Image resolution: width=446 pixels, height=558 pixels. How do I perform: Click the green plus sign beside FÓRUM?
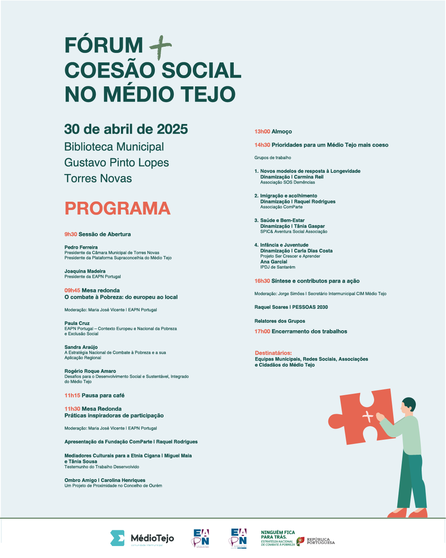161,47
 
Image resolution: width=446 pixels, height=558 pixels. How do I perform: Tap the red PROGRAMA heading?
117,208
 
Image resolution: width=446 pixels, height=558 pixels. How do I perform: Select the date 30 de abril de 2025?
126,129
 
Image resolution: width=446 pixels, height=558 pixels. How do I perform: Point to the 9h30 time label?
71,234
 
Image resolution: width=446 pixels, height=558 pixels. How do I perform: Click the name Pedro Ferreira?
81,247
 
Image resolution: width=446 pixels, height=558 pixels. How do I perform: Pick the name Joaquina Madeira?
85,271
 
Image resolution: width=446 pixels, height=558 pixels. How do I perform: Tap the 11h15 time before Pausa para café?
72,396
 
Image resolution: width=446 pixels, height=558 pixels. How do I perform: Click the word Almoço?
282,131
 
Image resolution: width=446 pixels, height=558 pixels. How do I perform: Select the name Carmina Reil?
308,177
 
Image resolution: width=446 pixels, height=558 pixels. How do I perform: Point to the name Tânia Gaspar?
309,226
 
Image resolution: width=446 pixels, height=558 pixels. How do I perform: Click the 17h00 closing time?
262,331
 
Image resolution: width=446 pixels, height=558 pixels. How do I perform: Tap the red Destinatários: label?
273,353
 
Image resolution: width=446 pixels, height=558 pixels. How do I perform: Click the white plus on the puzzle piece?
367,416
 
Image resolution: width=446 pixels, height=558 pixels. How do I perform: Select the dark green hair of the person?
409,403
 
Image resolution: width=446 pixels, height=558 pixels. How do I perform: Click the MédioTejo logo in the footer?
142,538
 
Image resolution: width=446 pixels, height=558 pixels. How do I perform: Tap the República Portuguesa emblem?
301,541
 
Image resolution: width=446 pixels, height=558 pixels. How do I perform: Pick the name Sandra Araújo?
81,347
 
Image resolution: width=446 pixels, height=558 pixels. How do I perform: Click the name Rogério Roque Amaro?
90,371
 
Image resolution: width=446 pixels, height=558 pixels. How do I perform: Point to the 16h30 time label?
262,281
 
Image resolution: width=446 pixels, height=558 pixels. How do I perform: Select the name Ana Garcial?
273,262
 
